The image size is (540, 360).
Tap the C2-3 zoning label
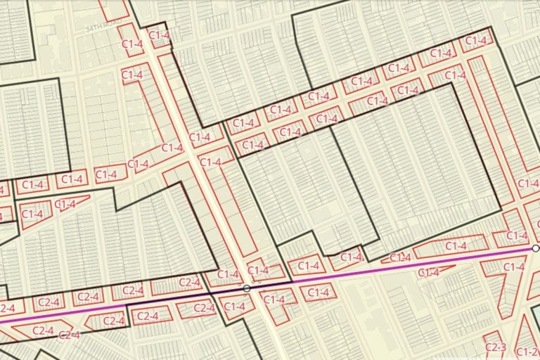(496, 347)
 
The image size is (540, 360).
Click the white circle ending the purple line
(536, 248)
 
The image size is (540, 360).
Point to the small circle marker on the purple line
(246, 288)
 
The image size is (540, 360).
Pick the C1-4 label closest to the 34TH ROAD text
(160, 34)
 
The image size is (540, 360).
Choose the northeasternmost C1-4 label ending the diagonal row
(477, 41)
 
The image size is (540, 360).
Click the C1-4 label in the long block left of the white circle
(456, 246)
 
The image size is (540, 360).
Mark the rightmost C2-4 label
(203, 307)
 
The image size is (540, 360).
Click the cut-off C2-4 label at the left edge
(6, 307)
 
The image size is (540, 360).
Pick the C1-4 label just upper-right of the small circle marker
(259, 270)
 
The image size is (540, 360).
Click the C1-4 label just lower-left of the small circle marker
(234, 306)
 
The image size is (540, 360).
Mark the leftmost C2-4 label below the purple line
(44, 330)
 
